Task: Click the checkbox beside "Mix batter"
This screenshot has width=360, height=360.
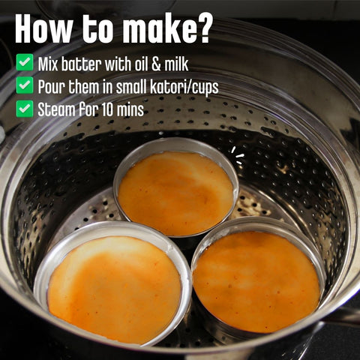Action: pos(25,62)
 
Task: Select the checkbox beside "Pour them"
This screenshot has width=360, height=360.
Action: pos(25,85)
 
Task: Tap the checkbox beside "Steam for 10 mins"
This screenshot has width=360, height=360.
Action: pos(25,109)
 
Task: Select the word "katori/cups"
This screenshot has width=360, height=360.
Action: pos(183,87)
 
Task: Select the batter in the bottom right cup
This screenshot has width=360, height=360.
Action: pos(256,280)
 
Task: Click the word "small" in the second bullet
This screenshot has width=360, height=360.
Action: pos(127,86)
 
